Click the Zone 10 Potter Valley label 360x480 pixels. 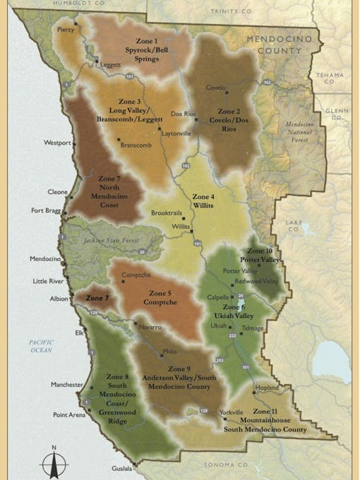(260, 256)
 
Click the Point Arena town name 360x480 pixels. (69, 415)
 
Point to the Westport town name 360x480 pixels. (57, 143)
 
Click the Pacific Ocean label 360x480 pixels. (41, 346)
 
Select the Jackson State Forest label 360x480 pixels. (115, 241)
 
